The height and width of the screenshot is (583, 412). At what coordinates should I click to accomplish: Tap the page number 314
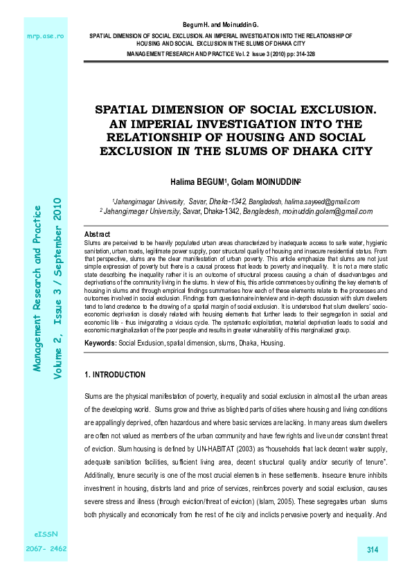click(373, 550)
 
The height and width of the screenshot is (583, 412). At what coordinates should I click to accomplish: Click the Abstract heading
click(96, 235)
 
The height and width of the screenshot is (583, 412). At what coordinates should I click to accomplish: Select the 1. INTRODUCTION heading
click(114, 375)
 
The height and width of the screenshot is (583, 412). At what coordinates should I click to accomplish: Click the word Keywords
click(100, 343)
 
